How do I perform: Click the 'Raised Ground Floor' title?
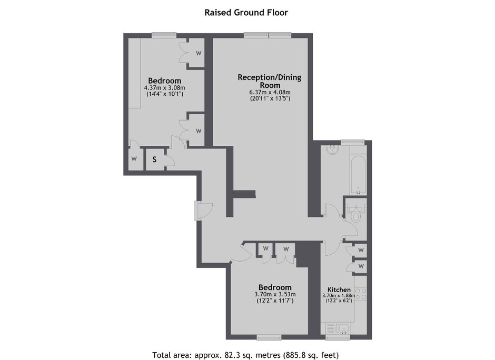point(246,13)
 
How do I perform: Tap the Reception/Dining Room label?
point(270,81)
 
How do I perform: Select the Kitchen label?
point(339,289)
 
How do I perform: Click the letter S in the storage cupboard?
point(154,159)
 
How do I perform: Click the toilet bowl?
point(356,216)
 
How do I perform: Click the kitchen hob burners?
point(361,294)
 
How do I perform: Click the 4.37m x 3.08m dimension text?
point(164,88)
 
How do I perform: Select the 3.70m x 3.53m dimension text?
point(275,295)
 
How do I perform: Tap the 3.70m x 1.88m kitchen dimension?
point(339,296)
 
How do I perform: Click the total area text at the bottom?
point(245,355)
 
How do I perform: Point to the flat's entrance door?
point(203,211)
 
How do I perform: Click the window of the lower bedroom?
point(269,337)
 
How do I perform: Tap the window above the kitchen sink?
point(338,337)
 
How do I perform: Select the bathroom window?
point(353,142)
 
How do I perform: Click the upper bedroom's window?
point(164,35)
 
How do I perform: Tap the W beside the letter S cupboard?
point(134,159)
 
